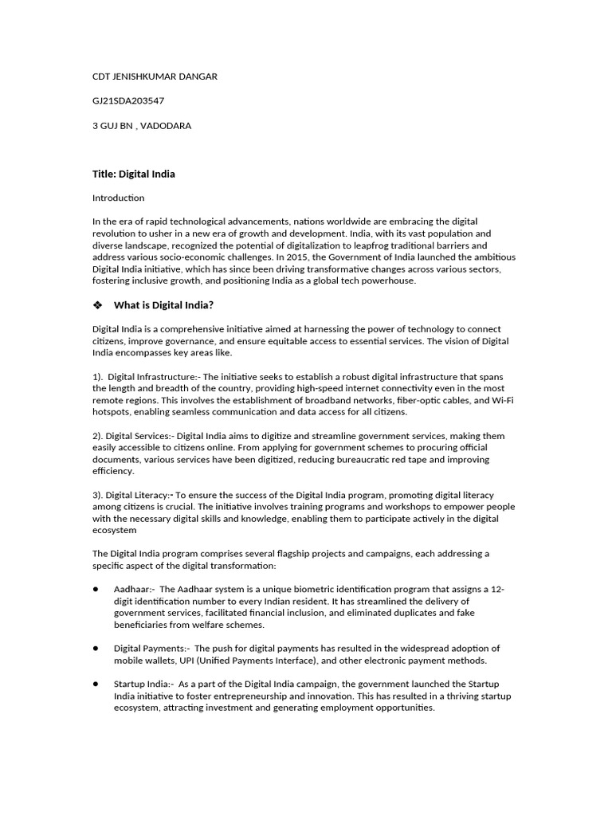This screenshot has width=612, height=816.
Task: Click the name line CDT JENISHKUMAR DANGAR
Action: coord(155,76)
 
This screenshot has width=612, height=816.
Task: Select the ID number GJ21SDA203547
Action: coord(128,100)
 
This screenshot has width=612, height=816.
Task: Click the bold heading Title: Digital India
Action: coord(133,174)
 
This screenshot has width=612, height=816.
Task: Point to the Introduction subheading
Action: coord(118,198)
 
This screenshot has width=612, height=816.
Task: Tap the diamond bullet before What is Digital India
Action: coord(99,305)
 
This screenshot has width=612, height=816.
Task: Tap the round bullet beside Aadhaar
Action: coord(96,589)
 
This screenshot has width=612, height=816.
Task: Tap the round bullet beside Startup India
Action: coord(96,684)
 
